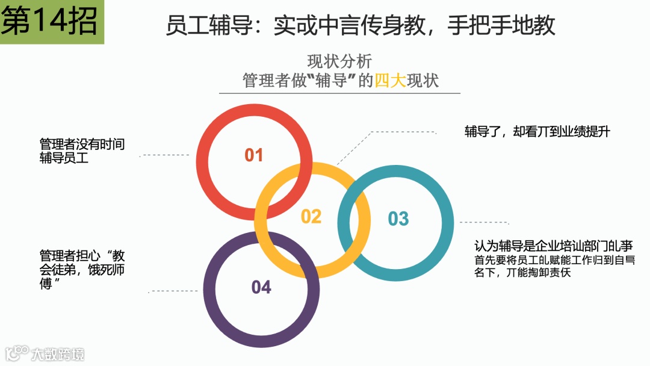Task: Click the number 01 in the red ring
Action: click(x=254, y=155)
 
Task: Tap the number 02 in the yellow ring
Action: click(x=311, y=217)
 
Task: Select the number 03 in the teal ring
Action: click(x=398, y=219)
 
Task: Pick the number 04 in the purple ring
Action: click(x=261, y=287)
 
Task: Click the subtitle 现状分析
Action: click(x=339, y=61)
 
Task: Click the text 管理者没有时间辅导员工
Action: click(x=82, y=152)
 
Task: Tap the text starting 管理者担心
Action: click(x=82, y=270)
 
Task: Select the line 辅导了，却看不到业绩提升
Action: click(x=537, y=132)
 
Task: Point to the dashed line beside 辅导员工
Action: click(x=164, y=155)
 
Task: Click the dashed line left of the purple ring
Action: click(x=175, y=291)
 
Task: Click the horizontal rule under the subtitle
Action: click(x=339, y=93)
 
